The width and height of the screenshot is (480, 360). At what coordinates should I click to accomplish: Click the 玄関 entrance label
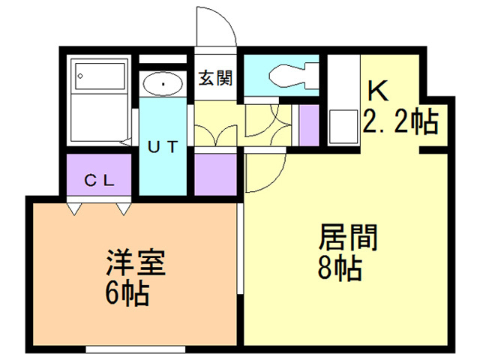(215, 77)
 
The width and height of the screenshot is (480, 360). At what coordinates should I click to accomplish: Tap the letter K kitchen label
(378, 91)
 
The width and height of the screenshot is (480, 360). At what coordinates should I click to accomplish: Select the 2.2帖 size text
(400, 121)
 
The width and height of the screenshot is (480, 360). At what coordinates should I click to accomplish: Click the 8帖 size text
(341, 268)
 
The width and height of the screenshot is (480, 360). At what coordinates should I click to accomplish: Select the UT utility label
(162, 147)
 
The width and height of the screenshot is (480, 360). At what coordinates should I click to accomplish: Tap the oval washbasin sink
(161, 84)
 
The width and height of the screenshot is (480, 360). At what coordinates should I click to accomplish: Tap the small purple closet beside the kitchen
(308, 124)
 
